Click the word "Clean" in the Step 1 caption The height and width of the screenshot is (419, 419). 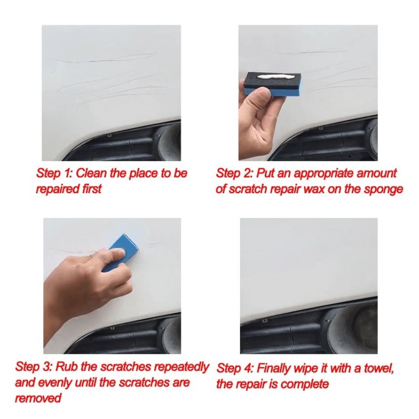tap(92, 174)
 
